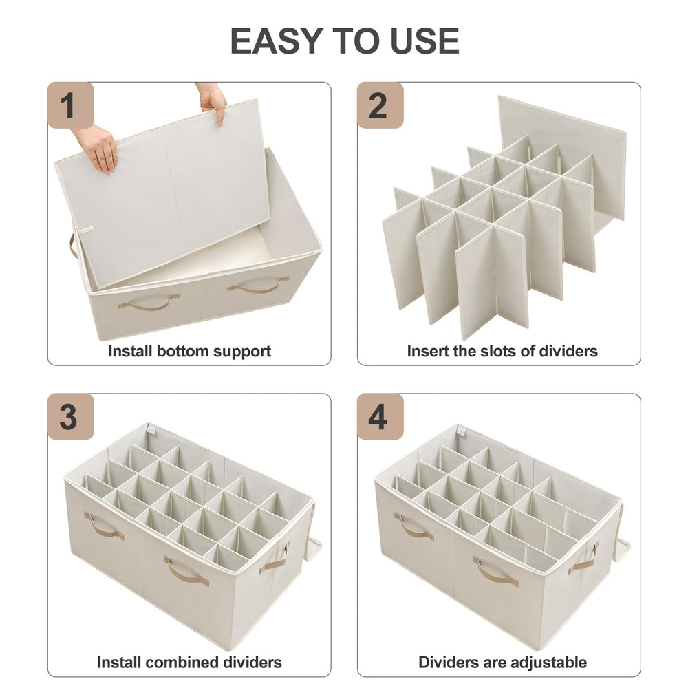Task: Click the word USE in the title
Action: (424, 41)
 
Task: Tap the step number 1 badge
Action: (71, 105)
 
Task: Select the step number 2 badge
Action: (380, 105)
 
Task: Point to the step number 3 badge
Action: (71, 416)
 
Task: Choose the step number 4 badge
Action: (380, 416)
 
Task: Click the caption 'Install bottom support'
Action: (190, 352)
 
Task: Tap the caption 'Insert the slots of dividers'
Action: (502, 351)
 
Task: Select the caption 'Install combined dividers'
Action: (190, 662)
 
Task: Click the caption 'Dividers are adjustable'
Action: (502, 662)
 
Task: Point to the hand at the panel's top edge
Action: (213, 101)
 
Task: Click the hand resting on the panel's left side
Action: (98, 147)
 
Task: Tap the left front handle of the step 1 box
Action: (149, 301)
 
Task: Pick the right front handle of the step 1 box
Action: (258, 286)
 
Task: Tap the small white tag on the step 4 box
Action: (461, 431)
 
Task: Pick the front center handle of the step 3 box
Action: (186, 570)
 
